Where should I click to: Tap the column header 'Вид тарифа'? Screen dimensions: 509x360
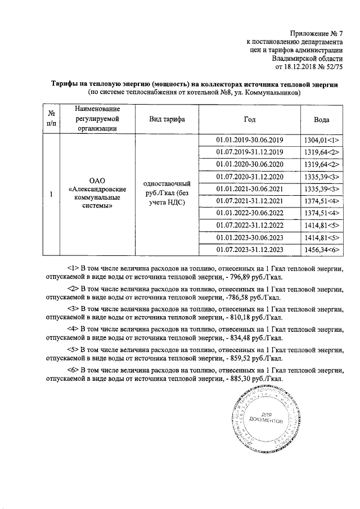166,119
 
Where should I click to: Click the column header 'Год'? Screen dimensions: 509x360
249,119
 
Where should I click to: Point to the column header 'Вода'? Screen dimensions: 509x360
322,119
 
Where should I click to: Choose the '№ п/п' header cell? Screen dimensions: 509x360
51,119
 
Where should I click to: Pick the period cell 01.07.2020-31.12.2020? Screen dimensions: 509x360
249,177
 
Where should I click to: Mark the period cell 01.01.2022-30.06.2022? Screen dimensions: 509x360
249,213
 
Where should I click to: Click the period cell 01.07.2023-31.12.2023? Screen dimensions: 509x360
249,250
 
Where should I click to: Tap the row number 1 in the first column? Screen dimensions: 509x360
51,195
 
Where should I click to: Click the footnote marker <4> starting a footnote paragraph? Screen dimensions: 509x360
73,327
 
